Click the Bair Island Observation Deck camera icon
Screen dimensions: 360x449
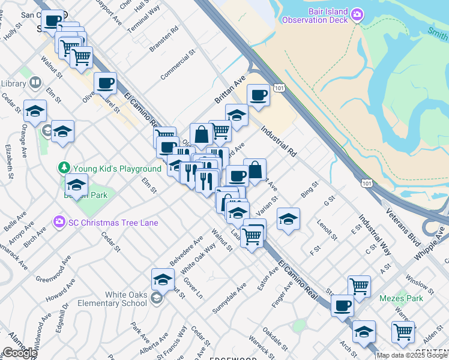[358, 14]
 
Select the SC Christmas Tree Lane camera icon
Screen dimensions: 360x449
[59, 223]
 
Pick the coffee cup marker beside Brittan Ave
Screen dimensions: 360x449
[258, 95]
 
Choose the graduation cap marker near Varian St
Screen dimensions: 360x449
[288, 219]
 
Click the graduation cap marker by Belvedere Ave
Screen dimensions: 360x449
[162, 278]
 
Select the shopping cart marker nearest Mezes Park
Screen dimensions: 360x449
[359, 286]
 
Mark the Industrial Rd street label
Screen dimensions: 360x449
[279, 142]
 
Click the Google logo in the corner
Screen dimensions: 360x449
[20, 353]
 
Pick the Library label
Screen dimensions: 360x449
[12, 83]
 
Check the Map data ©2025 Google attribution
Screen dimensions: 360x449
[412, 355]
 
